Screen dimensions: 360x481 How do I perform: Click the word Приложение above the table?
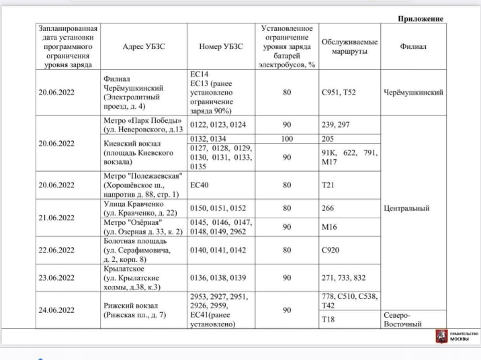click(x=420, y=18)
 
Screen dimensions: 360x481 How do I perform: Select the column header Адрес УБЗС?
click(x=143, y=47)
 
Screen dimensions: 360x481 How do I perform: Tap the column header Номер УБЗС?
click(x=221, y=47)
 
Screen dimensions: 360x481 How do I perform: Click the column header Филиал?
click(x=413, y=47)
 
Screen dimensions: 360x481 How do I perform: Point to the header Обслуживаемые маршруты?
click(x=349, y=47)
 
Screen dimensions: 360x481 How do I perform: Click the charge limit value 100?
click(x=286, y=138)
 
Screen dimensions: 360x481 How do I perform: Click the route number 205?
click(x=327, y=138)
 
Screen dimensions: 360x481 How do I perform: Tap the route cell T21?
click(x=327, y=185)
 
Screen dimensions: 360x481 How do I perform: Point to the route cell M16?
click(x=329, y=228)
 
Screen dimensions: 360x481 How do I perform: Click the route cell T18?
click(x=327, y=319)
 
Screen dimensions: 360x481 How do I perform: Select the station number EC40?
click(x=201, y=185)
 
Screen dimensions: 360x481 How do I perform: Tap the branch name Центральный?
click(x=406, y=208)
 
